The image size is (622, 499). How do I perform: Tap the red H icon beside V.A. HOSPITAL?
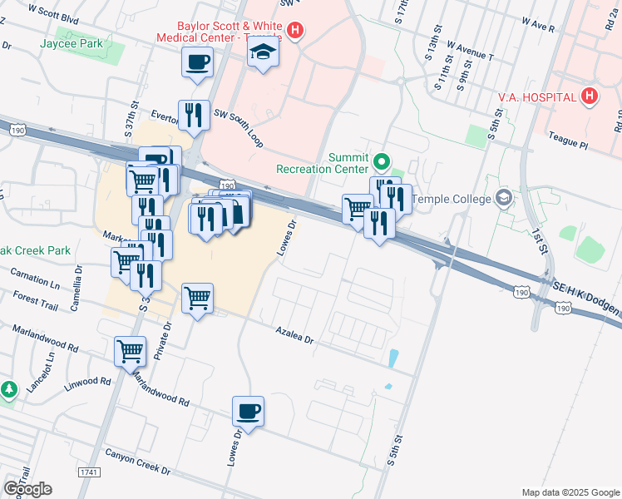pos(590,96)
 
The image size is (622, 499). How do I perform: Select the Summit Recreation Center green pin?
pos(382,161)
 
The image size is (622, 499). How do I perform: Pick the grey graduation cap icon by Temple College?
pos(502,198)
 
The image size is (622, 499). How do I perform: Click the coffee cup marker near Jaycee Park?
pos(197,62)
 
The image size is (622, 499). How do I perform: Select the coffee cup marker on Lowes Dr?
pos(249,411)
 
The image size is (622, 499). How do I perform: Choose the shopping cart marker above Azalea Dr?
pos(197,298)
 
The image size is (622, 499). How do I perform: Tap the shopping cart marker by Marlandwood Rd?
pos(131,351)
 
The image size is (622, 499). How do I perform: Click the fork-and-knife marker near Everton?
pos(194,115)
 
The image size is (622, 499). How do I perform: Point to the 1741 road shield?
pos(89,472)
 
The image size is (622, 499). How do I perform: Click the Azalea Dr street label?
pos(295,335)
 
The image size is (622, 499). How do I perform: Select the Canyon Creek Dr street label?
pos(137,463)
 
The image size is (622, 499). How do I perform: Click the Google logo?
pos(27,488)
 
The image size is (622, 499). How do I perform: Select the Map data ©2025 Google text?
pos(570,492)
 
